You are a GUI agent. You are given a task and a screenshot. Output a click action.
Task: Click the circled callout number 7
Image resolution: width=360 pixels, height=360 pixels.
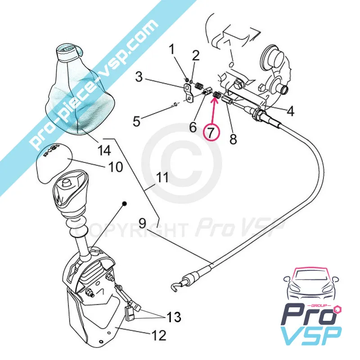pyautogui.click(x=211, y=131)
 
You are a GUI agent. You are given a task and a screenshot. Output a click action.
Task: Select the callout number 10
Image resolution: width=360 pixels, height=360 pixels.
pyautogui.click(x=115, y=167)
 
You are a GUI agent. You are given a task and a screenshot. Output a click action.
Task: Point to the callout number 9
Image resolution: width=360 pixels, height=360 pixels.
pyautogui.click(x=142, y=223)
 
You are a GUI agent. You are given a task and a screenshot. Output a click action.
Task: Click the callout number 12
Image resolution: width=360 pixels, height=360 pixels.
pyautogui.click(x=159, y=335)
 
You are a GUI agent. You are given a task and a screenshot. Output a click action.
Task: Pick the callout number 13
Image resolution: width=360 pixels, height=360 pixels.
pyautogui.click(x=174, y=317)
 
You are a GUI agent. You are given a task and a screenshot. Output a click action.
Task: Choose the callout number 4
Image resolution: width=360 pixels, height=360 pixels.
pyautogui.click(x=290, y=111)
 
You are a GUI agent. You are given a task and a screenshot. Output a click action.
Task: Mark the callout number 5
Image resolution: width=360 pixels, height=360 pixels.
pyautogui.click(x=137, y=121)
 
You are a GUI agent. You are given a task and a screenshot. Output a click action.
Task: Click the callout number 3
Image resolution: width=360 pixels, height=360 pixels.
pyautogui.click(x=139, y=77)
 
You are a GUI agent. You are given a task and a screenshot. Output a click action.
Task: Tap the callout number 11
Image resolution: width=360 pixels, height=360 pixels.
pyautogui.click(x=162, y=178)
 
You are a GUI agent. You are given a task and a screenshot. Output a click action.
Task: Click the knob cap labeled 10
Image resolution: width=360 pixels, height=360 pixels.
pyautogui.click(x=54, y=164)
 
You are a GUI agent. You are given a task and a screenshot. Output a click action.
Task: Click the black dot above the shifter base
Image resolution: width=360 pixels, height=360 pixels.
pyautogui.click(x=125, y=203)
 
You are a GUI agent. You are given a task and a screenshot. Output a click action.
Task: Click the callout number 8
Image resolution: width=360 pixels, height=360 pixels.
pyautogui.click(x=233, y=139)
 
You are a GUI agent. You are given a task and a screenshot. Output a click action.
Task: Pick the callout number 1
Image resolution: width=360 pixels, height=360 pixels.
pyautogui.click(x=171, y=49)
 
